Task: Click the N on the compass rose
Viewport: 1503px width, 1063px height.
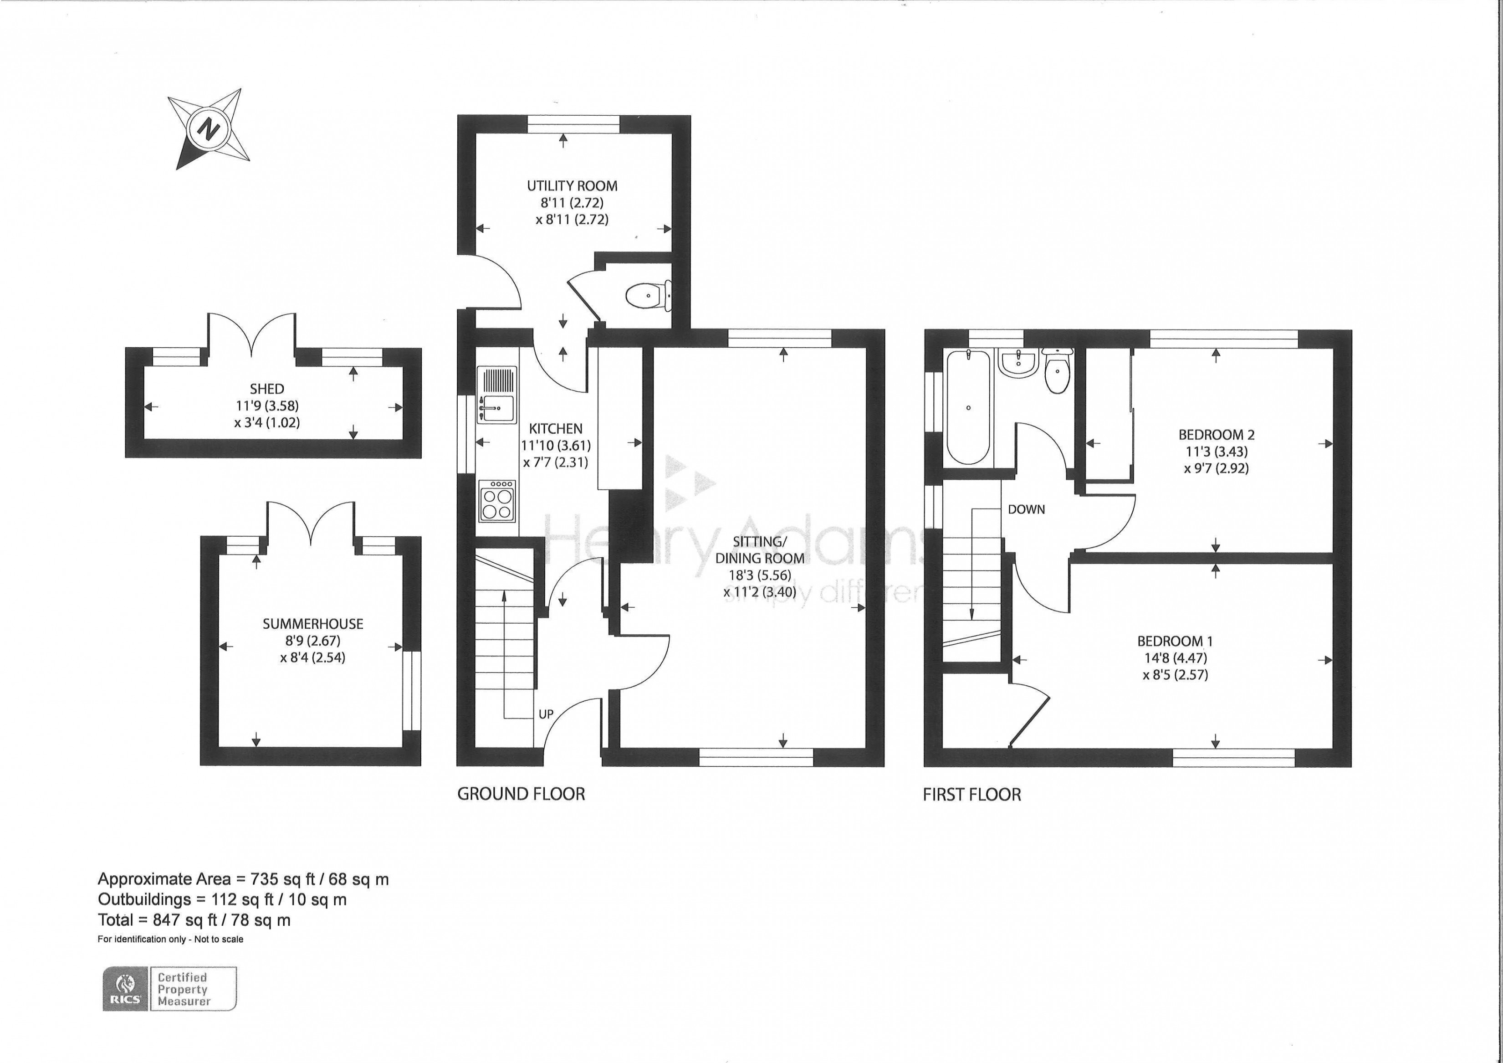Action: point(209,128)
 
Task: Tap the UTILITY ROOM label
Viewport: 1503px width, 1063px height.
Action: point(572,186)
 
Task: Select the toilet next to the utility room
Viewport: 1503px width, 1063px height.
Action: point(645,296)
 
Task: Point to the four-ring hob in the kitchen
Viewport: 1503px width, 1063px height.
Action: point(497,501)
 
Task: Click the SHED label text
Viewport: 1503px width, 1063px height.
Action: point(267,389)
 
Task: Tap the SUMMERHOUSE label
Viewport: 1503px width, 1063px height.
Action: point(313,624)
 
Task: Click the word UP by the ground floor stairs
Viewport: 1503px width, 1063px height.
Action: point(546,714)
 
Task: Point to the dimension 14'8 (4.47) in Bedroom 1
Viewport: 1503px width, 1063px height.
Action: point(1175,658)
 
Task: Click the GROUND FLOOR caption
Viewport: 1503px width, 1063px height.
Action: point(521,795)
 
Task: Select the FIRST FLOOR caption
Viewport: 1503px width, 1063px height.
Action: point(972,795)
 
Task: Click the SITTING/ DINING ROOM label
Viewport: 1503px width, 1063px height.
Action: point(759,549)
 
